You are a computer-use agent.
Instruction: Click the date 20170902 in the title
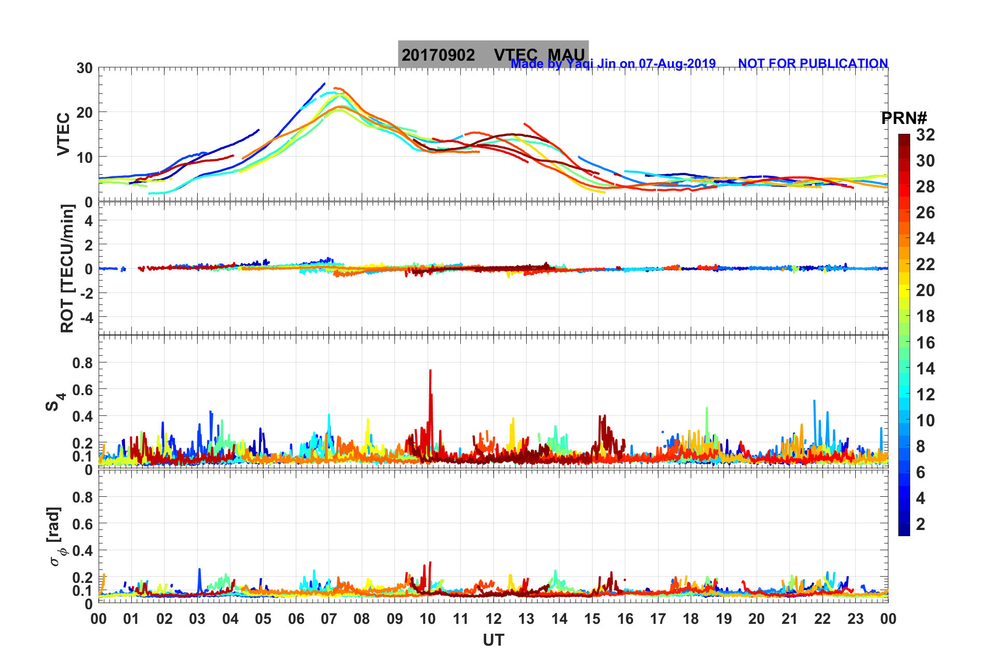tap(438, 55)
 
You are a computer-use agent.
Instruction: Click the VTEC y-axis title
tap(63, 134)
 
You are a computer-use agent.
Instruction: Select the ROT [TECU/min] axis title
tap(67, 268)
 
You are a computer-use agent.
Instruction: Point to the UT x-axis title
tap(493, 641)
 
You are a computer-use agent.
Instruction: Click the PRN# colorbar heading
tap(903, 118)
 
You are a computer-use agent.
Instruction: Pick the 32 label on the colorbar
tap(925, 135)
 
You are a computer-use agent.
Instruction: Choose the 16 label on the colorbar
tap(925, 342)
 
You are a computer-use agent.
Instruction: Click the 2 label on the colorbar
tap(921, 524)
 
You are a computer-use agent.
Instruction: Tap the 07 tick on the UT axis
tap(329, 619)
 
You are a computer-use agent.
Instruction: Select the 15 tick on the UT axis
tap(592, 619)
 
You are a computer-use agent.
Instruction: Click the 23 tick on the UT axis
tap(855, 619)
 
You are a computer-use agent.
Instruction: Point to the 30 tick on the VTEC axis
tap(85, 68)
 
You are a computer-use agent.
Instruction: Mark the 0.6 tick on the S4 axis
tap(83, 389)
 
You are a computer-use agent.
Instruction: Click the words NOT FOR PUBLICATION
tap(813, 63)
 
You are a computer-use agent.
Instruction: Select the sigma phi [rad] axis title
tap(57, 536)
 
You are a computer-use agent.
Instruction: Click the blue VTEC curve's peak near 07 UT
tap(324, 83)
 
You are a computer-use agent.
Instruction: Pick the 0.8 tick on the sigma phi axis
tap(83, 497)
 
